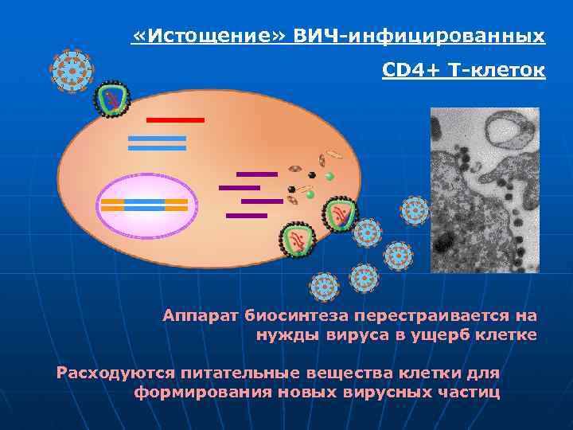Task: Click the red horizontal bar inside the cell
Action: (x=175, y=119)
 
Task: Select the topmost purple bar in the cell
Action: (x=256, y=174)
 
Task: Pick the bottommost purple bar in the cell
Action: (x=246, y=215)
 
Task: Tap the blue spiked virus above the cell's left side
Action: (x=72, y=71)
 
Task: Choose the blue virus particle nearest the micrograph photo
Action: (x=415, y=211)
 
